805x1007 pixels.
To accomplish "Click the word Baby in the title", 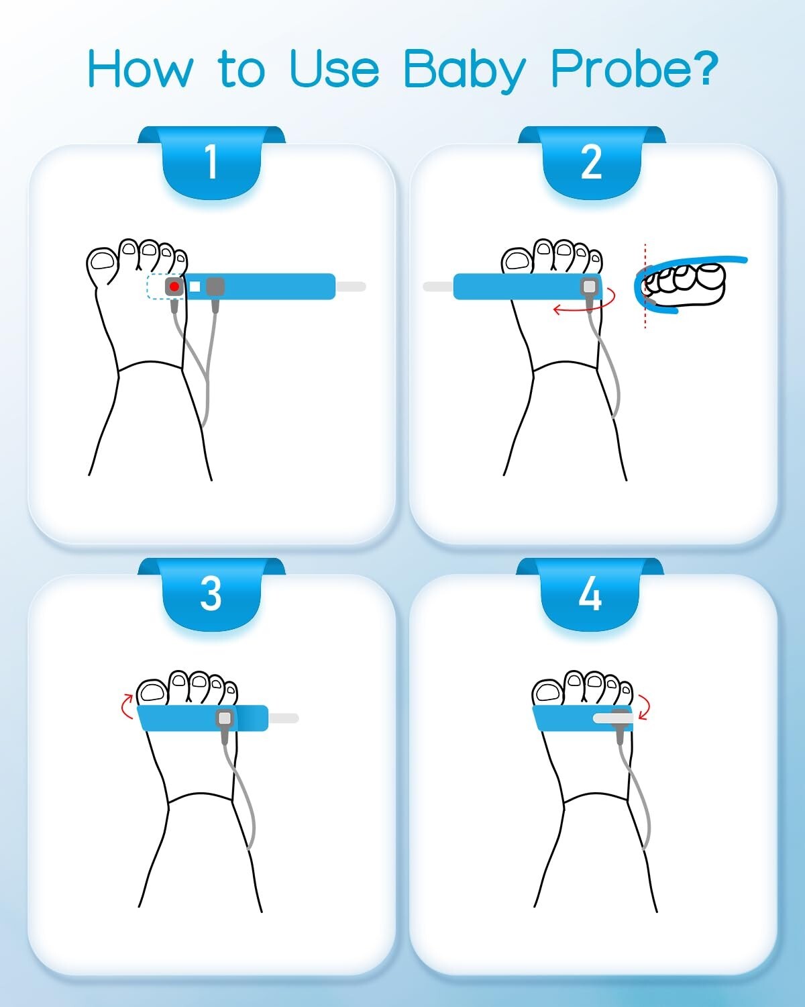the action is pyautogui.click(x=465, y=70).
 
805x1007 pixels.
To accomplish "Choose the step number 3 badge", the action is pyautogui.click(x=211, y=594).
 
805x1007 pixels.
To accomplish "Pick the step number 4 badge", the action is pyautogui.click(x=590, y=594).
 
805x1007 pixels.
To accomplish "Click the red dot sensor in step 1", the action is pyautogui.click(x=174, y=287).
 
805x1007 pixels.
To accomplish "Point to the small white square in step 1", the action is pyautogui.click(x=195, y=287).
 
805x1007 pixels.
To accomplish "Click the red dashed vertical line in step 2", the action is pyautogui.click(x=645, y=286).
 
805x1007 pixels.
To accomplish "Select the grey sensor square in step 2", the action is pyautogui.click(x=590, y=287).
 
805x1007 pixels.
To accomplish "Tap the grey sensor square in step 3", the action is pyautogui.click(x=225, y=718).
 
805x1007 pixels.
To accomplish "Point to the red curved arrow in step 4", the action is pyautogui.click(x=645, y=707).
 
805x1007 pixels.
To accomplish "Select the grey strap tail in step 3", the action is pyautogui.click(x=284, y=718).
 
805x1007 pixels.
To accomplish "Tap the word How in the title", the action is pyautogui.click(x=140, y=68).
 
